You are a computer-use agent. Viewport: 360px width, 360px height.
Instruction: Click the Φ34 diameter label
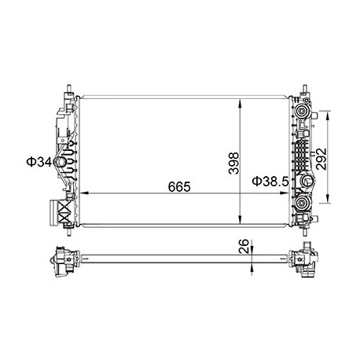point(39,162)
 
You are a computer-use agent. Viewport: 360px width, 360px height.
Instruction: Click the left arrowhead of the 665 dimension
point(85,193)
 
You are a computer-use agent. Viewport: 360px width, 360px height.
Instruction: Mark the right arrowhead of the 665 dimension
point(286,193)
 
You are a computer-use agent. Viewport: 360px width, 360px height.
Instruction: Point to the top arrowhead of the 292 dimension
point(330,113)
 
